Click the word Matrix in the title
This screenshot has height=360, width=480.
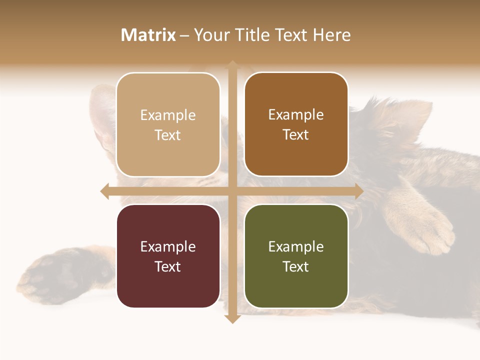pyautogui.click(x=148, y=35)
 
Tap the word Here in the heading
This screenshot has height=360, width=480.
pyautogui.click(x=332, y=35)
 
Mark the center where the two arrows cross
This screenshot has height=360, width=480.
pyautogui.click(x=232, y=191)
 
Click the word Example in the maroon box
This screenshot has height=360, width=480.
pyautogui.click(x=168, y=246)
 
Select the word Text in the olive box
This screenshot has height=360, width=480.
pyautogui.click(x=296, y=266)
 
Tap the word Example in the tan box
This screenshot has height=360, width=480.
pyautogui.click(x=168, y=115)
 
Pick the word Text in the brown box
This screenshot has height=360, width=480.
pyautogui.click(x=296, y=134)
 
